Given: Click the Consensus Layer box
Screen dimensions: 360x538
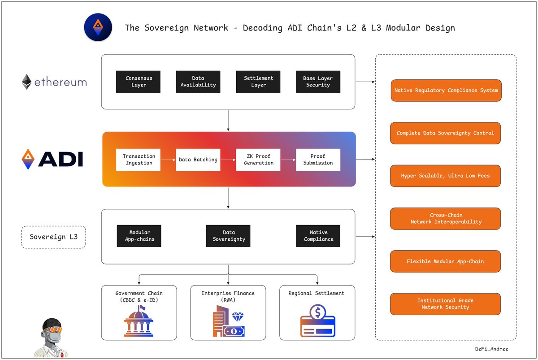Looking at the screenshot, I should point(139,82).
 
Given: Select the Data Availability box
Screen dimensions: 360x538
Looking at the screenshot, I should point(198,82).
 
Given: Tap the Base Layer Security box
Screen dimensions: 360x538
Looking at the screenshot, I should point(318,82).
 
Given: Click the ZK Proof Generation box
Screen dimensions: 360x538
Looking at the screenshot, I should point(258,160).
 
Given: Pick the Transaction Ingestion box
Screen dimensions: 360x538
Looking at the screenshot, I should point(139,160).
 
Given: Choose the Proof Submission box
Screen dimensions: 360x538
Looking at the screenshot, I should point(318,160).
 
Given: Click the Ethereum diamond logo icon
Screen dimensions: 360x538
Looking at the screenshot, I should point(27,82).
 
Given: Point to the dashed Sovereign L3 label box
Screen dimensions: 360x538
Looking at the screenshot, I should point(53,236).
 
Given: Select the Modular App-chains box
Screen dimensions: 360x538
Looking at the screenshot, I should point(139,236).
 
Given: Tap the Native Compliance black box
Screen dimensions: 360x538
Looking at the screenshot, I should point(318,236).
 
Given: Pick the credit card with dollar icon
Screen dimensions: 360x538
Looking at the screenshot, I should point(317,322).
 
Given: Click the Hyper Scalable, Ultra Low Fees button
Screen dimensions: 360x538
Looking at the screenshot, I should point(445,176).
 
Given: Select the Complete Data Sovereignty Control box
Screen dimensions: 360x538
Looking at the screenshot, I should point(445,133).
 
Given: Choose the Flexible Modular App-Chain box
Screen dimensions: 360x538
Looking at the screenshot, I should point(445,261).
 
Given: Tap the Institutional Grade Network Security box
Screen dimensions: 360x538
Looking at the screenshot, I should point(445,304).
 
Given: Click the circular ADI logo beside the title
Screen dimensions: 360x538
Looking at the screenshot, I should point(98,27).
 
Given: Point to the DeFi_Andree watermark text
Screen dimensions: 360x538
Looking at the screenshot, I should point(492,349).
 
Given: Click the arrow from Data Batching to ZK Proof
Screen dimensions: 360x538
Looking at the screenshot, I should point(228,160).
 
